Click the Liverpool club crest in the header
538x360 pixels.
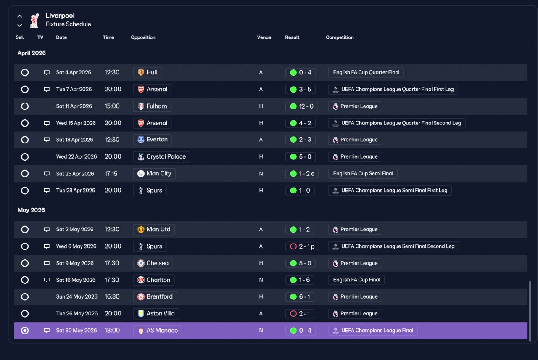coord(34,21)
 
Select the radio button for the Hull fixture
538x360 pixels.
coord(25,72)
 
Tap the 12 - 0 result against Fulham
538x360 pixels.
coord(302,106)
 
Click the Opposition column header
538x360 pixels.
coord(143,37)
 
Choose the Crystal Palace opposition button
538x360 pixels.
coord(161,157)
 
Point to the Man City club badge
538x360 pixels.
coord(141,174)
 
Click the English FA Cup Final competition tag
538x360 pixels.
coord(356,280)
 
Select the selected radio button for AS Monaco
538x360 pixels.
coord(25,331)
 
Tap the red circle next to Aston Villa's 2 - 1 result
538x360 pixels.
coord(293,314)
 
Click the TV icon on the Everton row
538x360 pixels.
coord(47,140)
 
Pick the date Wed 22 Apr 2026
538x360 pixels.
coord(76,157)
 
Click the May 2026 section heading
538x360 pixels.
coord(31,210)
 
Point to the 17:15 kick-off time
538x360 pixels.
coord(111,174)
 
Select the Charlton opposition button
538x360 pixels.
coord(154,280)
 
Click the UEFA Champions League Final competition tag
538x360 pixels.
coord(373,331)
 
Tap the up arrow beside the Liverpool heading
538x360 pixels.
coord(20,16)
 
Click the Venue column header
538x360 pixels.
coord(264,37)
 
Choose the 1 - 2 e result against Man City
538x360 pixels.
coord(302,174)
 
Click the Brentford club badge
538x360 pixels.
coord(141,297)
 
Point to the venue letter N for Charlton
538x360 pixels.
coord(261,280)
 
